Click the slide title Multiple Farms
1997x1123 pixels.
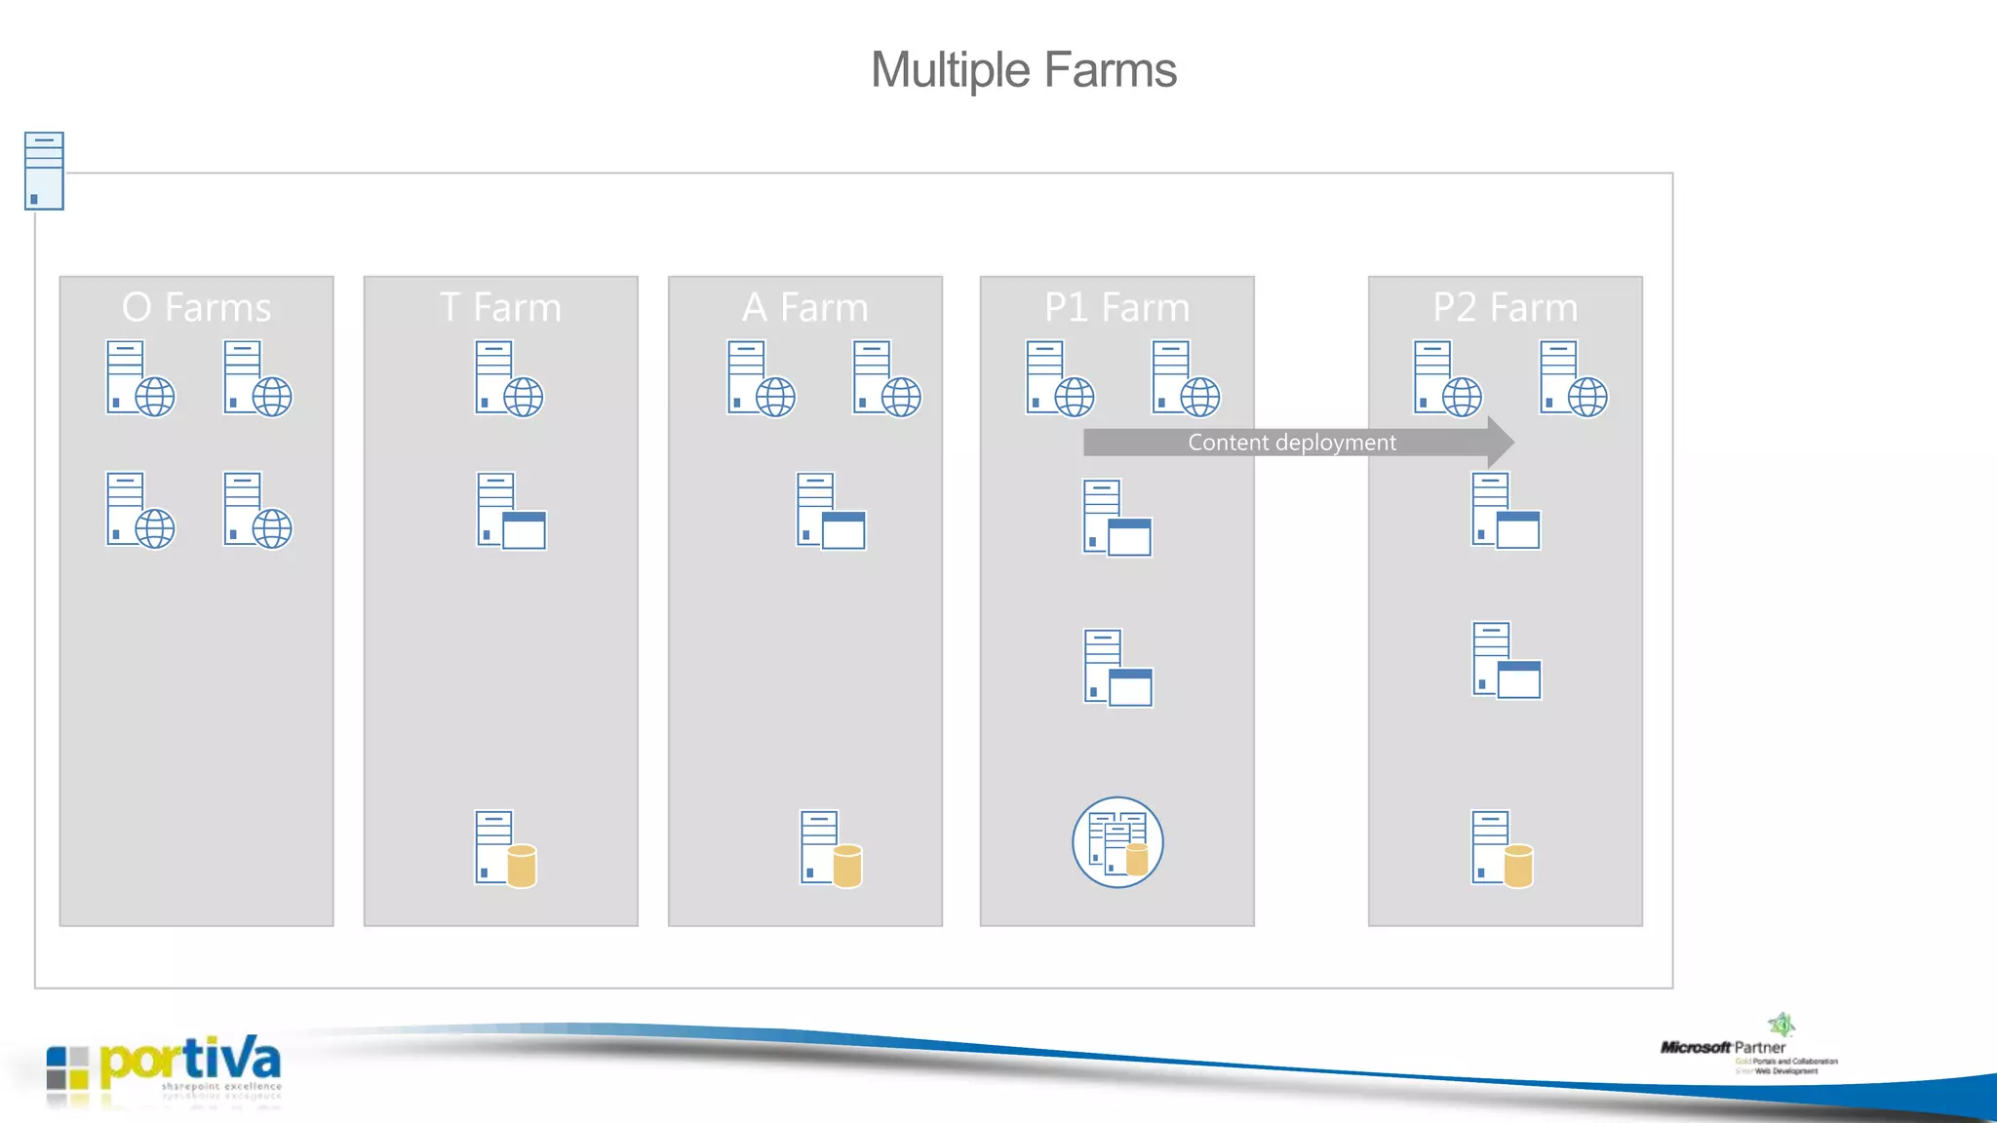click(1023, 70)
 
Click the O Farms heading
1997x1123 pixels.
click(196, 307)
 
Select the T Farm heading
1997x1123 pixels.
click(500, 307)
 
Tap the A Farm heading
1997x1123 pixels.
click(804, 307)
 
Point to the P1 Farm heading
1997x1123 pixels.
click(1116, 307)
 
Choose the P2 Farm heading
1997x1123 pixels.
click(1505, 307)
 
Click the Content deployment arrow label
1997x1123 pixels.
click(1291, 443)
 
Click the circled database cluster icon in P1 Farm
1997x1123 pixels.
click(1117, 842)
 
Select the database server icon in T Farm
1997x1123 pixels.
click(505, 848)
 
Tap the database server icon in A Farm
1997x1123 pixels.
click(831, 848)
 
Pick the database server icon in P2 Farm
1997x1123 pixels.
click(1502, 848)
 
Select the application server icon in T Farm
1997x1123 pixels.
click(510, 511)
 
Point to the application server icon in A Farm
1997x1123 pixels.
click(830, 511)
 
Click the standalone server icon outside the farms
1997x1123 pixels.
click(44, 171)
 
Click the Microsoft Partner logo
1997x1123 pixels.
click(1748, 1048)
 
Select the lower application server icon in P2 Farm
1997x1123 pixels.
click(1506, 660)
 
